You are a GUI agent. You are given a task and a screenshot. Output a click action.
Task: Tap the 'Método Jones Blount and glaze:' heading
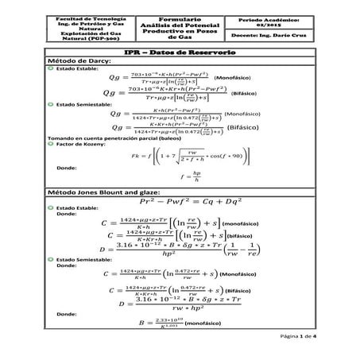[x=101, y=194]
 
